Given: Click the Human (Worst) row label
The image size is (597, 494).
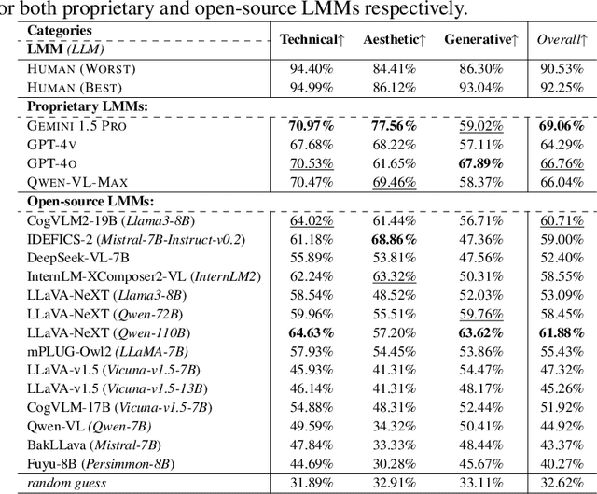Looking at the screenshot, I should point(81,68).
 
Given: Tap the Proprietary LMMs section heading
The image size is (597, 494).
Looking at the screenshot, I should point(87,105).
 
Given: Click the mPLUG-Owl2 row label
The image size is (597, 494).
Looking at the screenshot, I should point(107,350).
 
